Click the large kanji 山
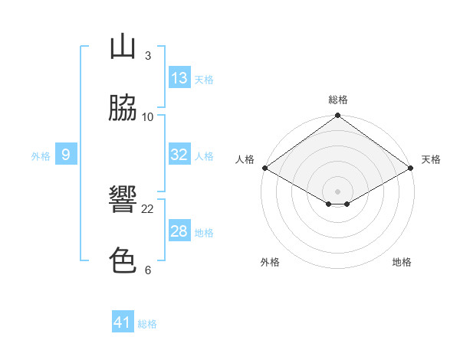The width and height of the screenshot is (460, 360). pyautogui.click(x=123, y=46)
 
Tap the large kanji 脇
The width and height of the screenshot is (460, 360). pyautogui.click(x=123, y=107)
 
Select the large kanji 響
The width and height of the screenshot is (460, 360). pyautogui.click(x=123, y=198)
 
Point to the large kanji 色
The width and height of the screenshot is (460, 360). pyautogui.click(x=123, y=260)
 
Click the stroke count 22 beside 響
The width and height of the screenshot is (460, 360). pyautogui.click(x=147, y=209)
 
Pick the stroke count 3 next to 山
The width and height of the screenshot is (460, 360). pyautogui.click(x=148, y=56)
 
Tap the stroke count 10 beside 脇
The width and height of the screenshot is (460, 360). pyautogui.click(x=147, y=117)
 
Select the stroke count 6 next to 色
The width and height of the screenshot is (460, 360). pyautogui.click(x=148, y=270)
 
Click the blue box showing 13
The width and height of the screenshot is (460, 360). pyautogui.click(x=179, y=77)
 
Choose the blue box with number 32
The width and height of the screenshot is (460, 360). pyautogui.click(x=179, y=154)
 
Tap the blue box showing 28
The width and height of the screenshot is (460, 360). pyautogui.click(x=179, y=230)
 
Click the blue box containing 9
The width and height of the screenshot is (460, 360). pyautogui.click(x=66, y=154)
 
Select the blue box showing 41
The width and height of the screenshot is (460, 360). pyautogui.click(x=123, y=321)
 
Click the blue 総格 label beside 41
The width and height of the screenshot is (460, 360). pyautogui.click(x=147, y=324)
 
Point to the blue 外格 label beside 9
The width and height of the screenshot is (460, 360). pyautogui.click(x=41, y=156)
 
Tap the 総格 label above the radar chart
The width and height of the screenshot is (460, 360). pyautogui.click(x=338, y=100)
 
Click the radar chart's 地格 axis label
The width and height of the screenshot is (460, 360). pyautogui.click(x=402, y=262)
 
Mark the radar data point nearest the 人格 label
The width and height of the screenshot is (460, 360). pyautogui.click(x=265, y=168)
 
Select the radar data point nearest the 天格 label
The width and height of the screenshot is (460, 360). pyautogui.click(x=411, y=168)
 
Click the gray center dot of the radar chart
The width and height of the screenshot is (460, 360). pyautogui.click(x=337, y=191)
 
